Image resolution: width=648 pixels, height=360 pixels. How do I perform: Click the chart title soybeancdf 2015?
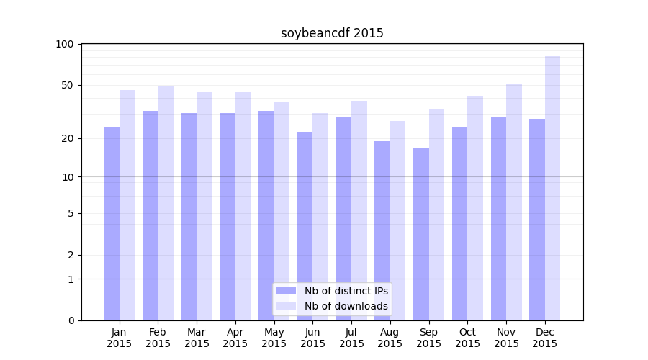point(332,33)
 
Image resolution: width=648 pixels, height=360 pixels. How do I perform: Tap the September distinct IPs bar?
point(421,234)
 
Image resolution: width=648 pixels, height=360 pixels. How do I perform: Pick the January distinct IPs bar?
point(112,223)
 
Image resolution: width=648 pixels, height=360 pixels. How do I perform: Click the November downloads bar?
point(513,202)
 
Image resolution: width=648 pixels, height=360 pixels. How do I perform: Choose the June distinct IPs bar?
point(305,227)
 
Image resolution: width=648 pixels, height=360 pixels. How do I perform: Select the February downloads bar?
point(166,202)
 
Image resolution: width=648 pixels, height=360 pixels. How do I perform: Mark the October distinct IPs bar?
point(460,223)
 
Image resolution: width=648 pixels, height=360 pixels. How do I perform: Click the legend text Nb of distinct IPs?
point(346,291)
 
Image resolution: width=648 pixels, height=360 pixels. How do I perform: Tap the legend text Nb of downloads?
point(346,306)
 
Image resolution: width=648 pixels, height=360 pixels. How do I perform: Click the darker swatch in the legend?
point(286,291)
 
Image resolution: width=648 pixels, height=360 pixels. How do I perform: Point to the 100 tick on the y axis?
point(65,44)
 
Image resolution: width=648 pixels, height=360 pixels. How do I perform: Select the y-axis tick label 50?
point(68,85)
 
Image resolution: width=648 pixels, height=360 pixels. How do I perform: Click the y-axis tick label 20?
point(68,138)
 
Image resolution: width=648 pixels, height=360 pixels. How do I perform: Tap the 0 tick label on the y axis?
point(71,320)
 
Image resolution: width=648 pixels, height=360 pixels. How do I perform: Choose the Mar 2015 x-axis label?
point(197,338)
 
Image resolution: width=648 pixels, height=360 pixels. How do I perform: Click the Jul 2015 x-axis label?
point(351,338)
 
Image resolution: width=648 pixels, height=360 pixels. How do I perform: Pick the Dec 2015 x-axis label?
point(545,338)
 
